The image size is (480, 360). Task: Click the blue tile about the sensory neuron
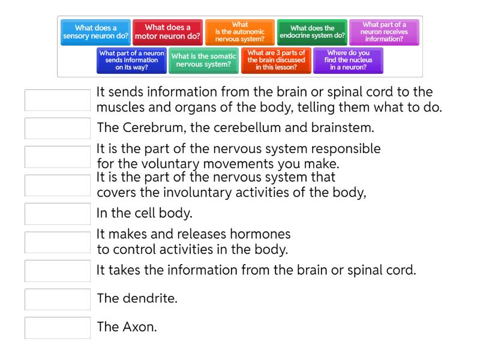[96, 32]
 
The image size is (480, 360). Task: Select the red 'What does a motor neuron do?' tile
[167, 32]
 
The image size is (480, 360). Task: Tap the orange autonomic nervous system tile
[239, 32]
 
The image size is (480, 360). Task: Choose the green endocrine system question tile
[311, 32]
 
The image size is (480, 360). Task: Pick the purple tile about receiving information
[384, 32]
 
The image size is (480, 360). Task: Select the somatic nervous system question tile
[204, 60]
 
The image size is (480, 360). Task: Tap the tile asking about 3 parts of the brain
[275, 60]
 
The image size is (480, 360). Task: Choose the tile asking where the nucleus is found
[348, 60]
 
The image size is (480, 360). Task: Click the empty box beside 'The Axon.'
[57, 327]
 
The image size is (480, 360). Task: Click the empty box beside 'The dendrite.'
[57, 299]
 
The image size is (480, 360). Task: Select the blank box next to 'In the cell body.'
[57, 214]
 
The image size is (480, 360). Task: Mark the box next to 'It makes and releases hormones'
[57, 242]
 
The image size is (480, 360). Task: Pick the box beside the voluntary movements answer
[57, 157]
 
